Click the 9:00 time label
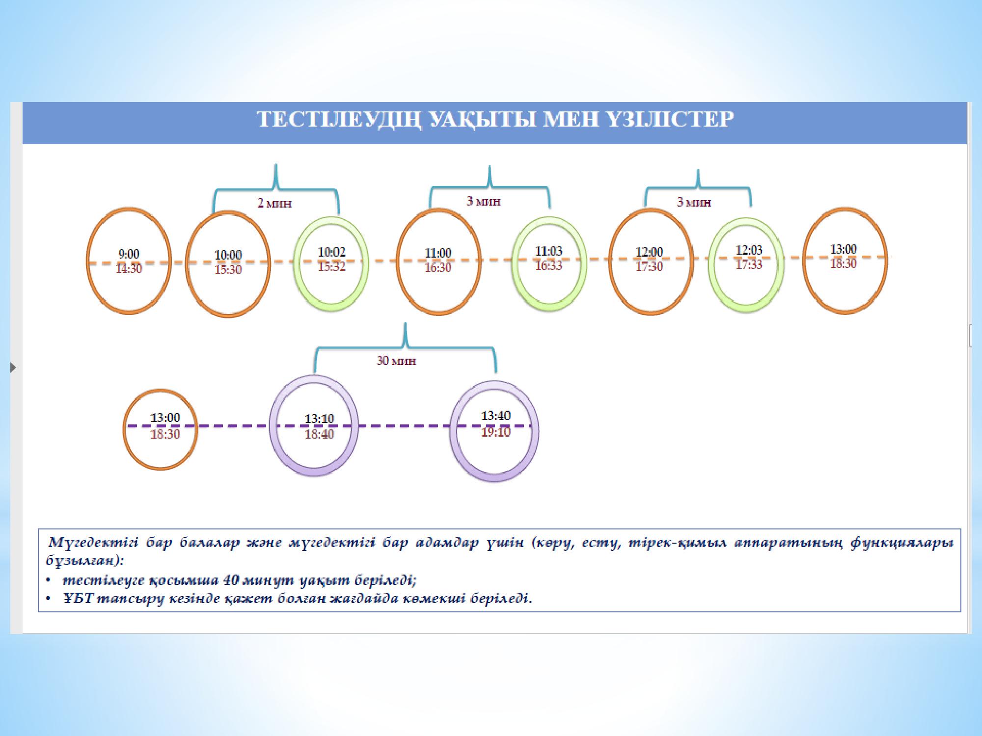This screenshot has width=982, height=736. tap(129, 254)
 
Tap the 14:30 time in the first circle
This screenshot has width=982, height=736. tap(129, 269)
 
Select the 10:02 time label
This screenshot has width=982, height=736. tap(332, 252)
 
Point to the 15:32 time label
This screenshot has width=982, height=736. tap(332, 266)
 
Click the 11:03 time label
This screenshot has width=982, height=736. tap(548, 251)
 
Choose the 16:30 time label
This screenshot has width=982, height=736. tap(438, 268)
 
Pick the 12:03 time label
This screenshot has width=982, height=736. tap(749, 250)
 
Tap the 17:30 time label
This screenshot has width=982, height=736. tap(649, 266)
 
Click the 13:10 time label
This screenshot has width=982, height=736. tap(319, 419)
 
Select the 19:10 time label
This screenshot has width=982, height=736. tap(496, 432)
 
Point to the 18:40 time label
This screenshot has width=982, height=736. tap(319, 434)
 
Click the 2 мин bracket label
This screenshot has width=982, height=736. tap(274, 203)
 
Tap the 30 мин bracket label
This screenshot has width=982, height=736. tap(397, 361)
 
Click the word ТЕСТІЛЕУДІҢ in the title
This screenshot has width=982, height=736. tap(339, 120)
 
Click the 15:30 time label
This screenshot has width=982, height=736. tap(228, 269)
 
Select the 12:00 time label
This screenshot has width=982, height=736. tap(649, 252)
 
